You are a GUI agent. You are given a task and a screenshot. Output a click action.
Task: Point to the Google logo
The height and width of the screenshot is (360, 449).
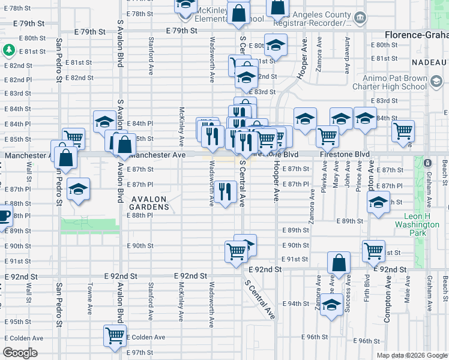[x=20, y=353]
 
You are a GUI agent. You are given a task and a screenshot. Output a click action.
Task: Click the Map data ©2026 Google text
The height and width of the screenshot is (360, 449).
[x=411, y=355]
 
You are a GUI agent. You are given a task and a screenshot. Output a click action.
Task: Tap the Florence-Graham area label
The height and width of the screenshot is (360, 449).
[x=417, y=35]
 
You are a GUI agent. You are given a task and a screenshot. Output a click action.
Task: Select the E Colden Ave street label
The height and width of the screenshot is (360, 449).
[x=146, y=337]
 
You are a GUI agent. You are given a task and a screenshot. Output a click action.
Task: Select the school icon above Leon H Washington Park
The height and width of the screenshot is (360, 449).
[x=378, y=203]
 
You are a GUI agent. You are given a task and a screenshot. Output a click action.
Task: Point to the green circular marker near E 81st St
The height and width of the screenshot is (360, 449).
[x=10, y=49]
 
